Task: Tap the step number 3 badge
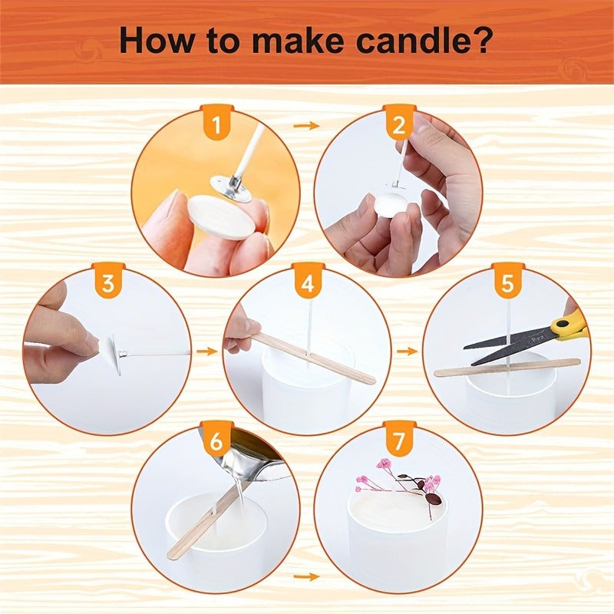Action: [x=108, y=284]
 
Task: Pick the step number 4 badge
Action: [x=308, y=284]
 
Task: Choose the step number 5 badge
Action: [x=507, y=284]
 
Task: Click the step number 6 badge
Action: [x=216, y=441]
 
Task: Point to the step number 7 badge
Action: [x=399, y=441]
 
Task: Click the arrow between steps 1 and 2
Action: [x=307, y=125]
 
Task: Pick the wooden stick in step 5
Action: [x=507, y=367]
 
